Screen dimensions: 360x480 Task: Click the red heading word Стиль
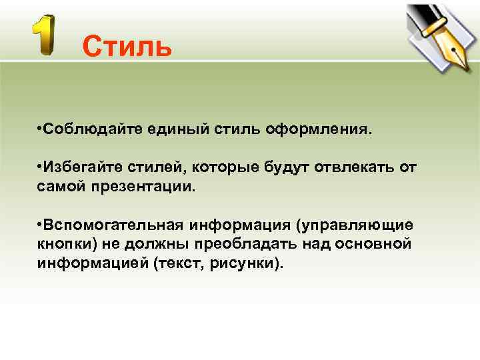point(127,47)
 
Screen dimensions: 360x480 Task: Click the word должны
point(150,243)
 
